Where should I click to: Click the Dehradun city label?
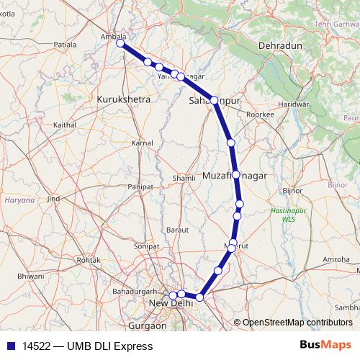(x=281, y=45)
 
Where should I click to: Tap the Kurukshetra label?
(x=123, y=99)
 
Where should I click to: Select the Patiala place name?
(x=65, y=44)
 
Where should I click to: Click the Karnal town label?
(x=141, y=143)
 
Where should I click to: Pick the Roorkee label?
(x=260, y=114)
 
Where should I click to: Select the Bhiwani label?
(x=30, y=276)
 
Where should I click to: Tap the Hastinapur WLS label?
(x=288, y=213)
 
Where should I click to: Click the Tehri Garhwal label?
(x=336, y=24)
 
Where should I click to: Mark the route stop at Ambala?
(x=120, y=43)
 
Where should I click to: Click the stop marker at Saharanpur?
(x=214, y=100)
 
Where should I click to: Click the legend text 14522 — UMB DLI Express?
(x=87, y=346)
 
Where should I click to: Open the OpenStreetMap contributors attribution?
(x=296, y=322)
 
